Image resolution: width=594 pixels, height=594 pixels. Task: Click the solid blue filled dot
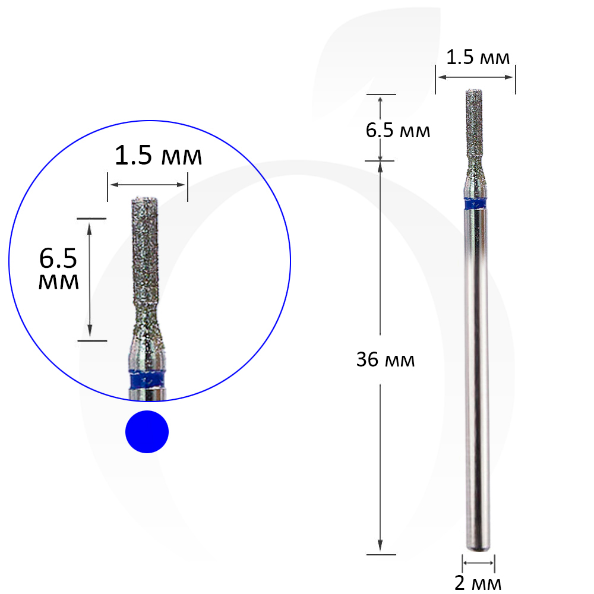pos(147,431)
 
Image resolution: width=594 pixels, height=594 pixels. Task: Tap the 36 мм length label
pos(386,359)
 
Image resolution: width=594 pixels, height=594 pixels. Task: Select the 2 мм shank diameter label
pos(478,583)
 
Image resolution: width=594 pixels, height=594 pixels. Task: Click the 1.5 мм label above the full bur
pos(478,58)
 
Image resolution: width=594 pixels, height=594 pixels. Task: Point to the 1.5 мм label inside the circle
pos(159,155)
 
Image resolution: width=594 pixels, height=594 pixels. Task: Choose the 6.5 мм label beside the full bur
pos(398,131)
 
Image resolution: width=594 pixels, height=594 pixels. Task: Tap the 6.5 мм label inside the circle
pos(58,268)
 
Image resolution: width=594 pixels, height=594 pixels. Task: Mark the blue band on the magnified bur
pos(147,380)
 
